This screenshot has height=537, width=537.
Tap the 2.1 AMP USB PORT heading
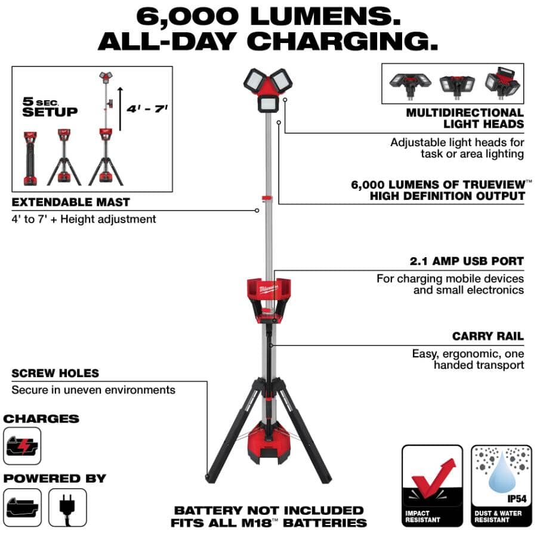467,261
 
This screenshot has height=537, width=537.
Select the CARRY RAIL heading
487,337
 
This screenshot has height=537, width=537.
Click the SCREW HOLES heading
55,374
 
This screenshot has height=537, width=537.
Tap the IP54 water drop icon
500,473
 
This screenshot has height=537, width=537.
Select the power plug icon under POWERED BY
67,507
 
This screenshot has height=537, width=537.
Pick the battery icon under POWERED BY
22,507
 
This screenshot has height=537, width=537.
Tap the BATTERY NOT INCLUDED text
268,510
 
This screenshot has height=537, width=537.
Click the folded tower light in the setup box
29,159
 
